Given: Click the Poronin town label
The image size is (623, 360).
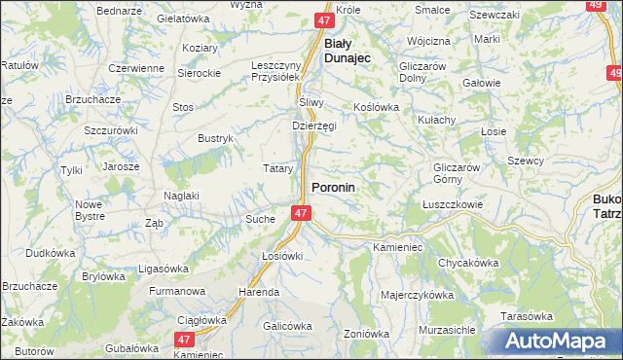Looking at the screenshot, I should pyautogui.click(x=333, y=186).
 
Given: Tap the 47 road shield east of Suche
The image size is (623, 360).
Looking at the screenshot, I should pyautogui.click(x=301, y=212).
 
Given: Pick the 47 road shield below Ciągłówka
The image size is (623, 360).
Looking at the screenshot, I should pyautogui.click(x=185, y=339).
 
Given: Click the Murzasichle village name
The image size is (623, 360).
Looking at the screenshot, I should pyautogui.click(x=447, y=330).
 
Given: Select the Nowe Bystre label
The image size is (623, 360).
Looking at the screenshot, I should pyautogui.click(x=90, y=209).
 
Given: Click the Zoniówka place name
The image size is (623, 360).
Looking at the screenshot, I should pyautogui.click(x=366, y=334).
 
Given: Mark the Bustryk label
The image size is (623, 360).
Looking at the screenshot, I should pyautogui.click(x=216, y=139).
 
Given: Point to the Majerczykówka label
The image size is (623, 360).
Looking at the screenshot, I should pyautogui.click(x=418, y=294).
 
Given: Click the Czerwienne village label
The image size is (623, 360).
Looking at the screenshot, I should pyautogui.click(x=136, y=68).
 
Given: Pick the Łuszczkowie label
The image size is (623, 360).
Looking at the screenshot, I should pyautogui.click(x=454, y=204).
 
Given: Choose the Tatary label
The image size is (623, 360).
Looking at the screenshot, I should pyautogui.click(x=278, y=168).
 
